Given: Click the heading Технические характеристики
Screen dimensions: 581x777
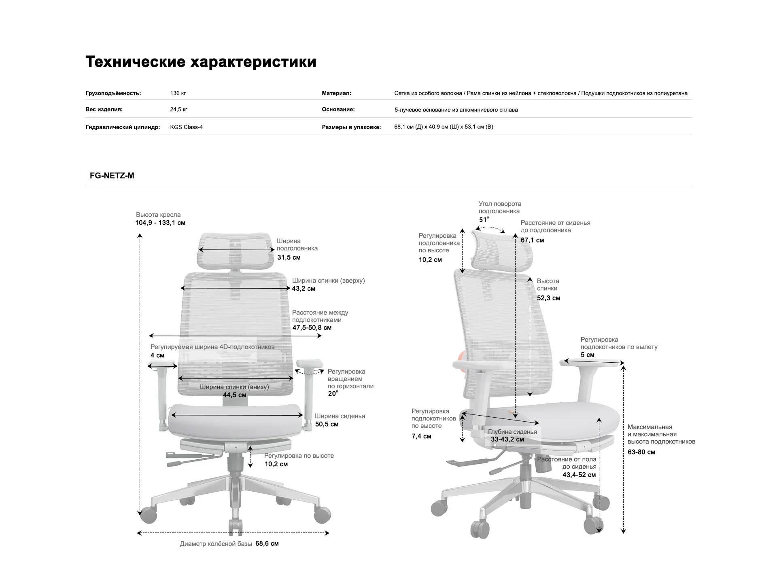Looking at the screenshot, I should click(201, 62).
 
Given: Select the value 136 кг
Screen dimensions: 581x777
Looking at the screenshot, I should click(178, 93).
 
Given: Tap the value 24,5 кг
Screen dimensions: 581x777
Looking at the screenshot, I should click(178, 110).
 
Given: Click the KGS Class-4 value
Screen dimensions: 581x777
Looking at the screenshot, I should click(186, 127).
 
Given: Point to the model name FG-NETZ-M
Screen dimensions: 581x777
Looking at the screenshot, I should click(112, 175).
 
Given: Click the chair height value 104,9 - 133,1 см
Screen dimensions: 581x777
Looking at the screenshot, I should click(160, 223).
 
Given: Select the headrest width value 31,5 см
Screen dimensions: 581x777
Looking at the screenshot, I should click(289, 258).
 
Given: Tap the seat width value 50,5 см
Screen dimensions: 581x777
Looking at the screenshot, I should click(327, 424).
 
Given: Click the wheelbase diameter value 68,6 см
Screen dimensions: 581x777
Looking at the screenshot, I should click(267, 544).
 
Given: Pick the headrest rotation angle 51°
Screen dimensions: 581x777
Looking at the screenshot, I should click(484, 220).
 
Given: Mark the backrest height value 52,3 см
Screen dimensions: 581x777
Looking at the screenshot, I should click(548, 298).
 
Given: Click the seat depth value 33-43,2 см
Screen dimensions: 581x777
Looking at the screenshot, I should click(507, 439).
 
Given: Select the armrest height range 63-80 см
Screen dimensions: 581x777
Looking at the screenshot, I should click(641, 452).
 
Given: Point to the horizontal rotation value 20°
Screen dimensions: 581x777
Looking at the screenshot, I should click(333, 394).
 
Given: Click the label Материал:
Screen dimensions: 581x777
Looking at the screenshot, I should click(336, 93).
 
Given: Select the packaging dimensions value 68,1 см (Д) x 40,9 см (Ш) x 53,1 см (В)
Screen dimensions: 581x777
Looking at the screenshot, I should click(444, 127).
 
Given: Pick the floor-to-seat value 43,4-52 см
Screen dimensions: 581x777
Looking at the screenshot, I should click(579, 475).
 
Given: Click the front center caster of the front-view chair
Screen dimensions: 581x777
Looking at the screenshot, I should click(236, 527).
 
